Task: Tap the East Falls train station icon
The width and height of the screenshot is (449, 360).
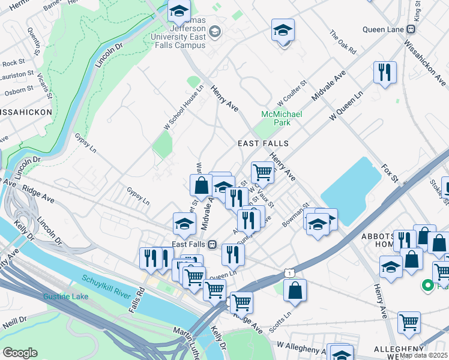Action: (x=212, y=244)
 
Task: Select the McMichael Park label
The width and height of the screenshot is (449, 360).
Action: (x=282, y=118)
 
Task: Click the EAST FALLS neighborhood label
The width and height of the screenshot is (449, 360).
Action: (x=263, y=144)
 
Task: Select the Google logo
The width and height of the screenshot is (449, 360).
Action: (x=20, y=352)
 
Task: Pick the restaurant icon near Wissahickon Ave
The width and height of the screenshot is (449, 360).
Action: (x=384, y=73)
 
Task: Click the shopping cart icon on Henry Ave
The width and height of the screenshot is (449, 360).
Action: (x=262, y=173)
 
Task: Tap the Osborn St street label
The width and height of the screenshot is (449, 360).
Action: (x=19, y=90)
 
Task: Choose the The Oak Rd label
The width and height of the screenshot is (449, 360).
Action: (x=343, y=43)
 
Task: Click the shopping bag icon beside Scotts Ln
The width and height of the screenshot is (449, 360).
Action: (x=295, y=290)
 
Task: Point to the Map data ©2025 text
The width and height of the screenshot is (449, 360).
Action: (x=424, y=355)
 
